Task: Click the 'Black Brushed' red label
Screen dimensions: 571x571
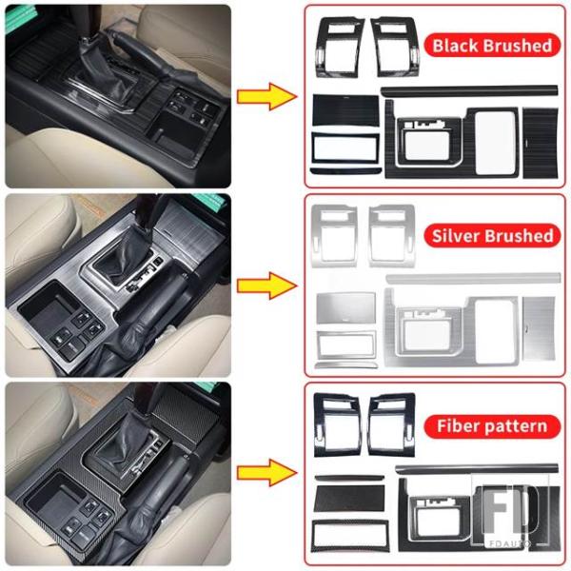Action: point(492,45)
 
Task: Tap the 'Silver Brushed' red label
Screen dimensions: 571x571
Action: point(492,236)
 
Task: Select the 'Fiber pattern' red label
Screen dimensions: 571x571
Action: point(492,426)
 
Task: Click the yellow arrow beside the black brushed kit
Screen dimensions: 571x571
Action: point(266,96)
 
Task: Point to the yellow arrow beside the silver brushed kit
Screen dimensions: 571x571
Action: point(266,285)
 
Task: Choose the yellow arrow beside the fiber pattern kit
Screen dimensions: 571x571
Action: point(266,473)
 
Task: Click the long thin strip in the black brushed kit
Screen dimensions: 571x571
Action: point(469,90)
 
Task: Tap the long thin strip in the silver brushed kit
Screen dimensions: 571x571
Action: point(473,279)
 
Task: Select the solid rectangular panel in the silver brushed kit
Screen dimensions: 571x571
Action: point(346,308)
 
